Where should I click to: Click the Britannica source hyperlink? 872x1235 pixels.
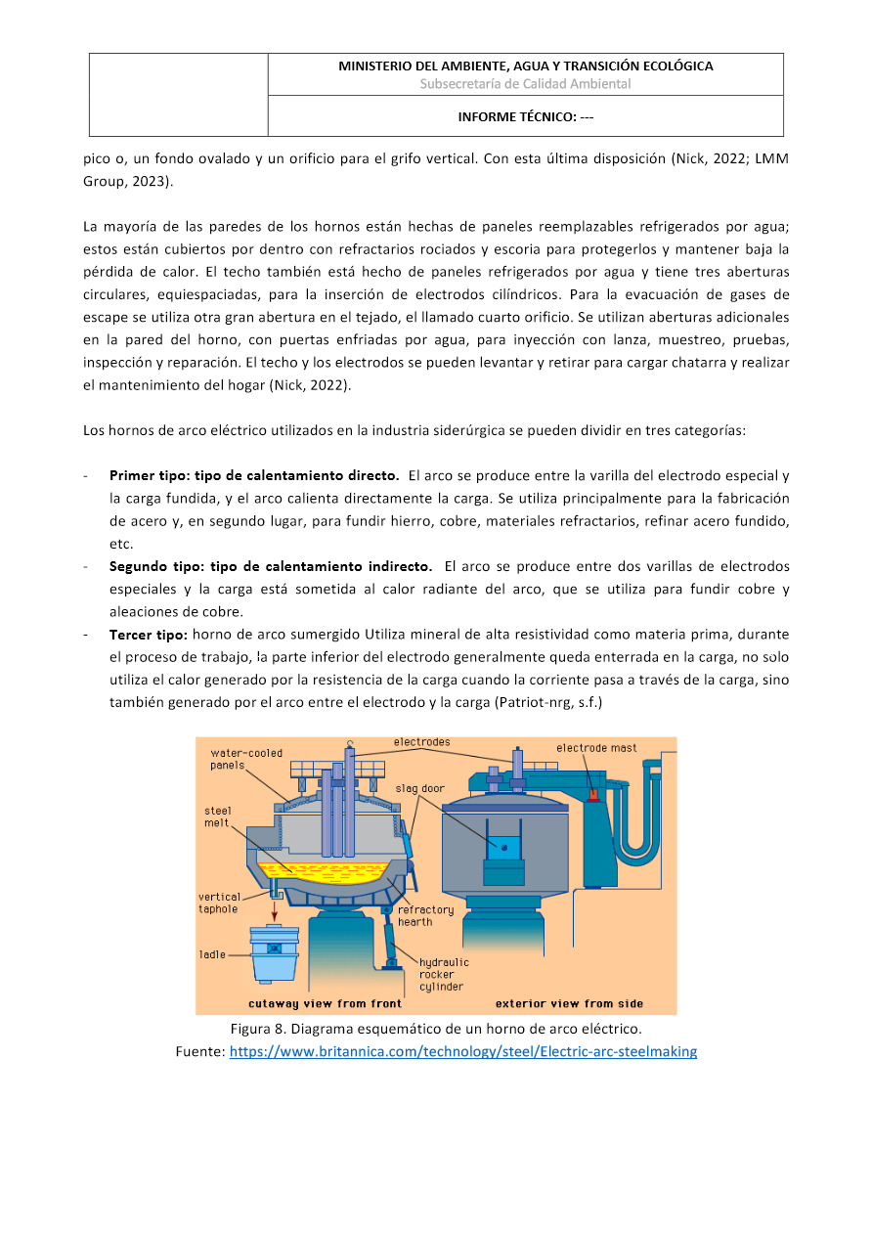tap(463, 1052)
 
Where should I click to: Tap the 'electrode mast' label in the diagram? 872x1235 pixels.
tap(596, 748)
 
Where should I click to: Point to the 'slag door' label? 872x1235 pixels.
tap(419, 788)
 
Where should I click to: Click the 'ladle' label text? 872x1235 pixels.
tap(212, 954)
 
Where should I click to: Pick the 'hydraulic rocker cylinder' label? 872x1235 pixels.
tap(443, 974)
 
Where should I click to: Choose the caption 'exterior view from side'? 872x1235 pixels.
tap(570, 1004)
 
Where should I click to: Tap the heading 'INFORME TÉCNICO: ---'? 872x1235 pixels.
tap(526, 117)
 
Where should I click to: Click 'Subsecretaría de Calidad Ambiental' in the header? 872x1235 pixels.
tap(525, 84)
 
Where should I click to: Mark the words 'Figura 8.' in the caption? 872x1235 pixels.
tap(258, 1030)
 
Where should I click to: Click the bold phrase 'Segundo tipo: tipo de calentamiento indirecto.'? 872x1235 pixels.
tap(271, 566)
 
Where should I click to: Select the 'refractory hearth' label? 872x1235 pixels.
tap(425, 915)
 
